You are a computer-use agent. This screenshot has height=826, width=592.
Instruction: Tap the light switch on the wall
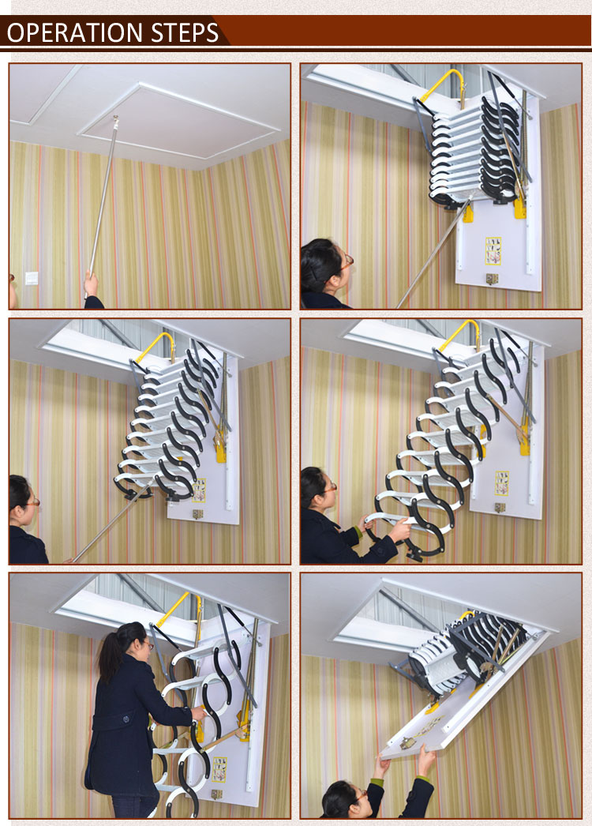(x=32, y=278)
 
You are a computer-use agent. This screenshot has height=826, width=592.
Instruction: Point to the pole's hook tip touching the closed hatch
(x=115, y=120)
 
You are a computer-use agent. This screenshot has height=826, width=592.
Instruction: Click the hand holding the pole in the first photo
(x=92, y=284)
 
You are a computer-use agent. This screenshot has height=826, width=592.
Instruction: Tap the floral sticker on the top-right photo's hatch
(x=493, y=250)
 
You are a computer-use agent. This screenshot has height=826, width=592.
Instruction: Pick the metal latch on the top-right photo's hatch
(x=492, y=279)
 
